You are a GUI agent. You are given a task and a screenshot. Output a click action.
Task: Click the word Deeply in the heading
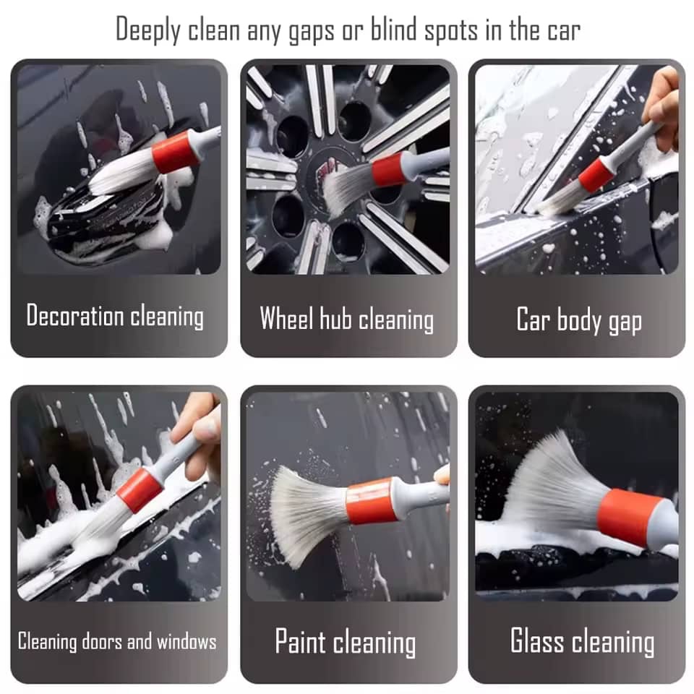point(147,30)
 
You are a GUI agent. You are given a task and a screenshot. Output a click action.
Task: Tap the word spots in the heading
point(451,31)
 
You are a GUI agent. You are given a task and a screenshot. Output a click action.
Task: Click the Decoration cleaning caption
point(115,316)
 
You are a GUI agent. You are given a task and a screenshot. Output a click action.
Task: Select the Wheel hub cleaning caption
point(346,319)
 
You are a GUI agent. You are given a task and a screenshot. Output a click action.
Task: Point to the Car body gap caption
point(579,320)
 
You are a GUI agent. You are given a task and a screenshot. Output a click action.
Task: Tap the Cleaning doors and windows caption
point(117,641)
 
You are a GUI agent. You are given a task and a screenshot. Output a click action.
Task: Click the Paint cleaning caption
point(346,642)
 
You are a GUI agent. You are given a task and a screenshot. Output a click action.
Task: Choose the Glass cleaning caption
point(583,641)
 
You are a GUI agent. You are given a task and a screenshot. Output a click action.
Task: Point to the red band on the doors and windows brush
point(140,491)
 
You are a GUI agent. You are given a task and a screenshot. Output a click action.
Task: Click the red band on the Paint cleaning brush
point(370,501)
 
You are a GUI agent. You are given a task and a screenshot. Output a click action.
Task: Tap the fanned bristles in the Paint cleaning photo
point(309,515)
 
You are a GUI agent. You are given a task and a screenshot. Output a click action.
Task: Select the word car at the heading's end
point(564,32)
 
